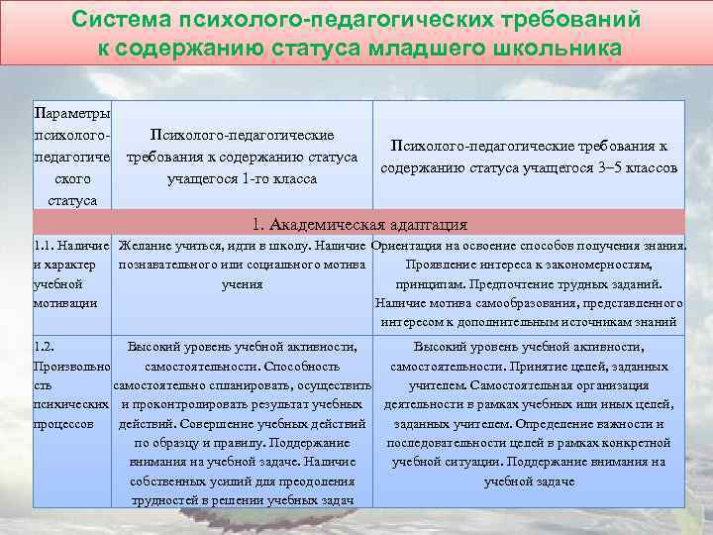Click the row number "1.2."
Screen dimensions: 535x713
43,347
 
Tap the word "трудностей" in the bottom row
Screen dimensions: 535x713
166,499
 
